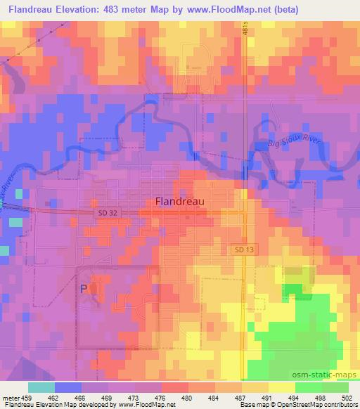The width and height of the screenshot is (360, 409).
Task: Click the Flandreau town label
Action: [179, 201]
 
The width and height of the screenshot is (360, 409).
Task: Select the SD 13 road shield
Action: [242, 249]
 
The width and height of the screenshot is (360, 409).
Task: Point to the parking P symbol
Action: [85, 288]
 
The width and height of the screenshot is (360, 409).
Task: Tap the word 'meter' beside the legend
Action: [10, 397]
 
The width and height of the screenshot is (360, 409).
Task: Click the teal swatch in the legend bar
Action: [41, 387]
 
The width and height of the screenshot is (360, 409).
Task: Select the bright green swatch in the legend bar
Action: [309, 387]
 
